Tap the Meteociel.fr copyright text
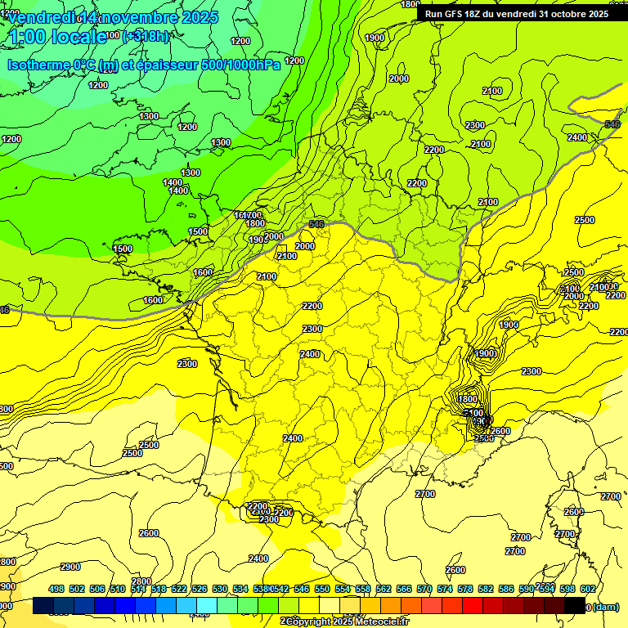point(343,621)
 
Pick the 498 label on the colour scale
point(56,589)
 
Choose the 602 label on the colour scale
point(588,589)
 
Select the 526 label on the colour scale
point(200,589)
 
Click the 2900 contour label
point(70,567)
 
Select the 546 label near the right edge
point(612,124)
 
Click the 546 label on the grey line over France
point(317,224)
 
